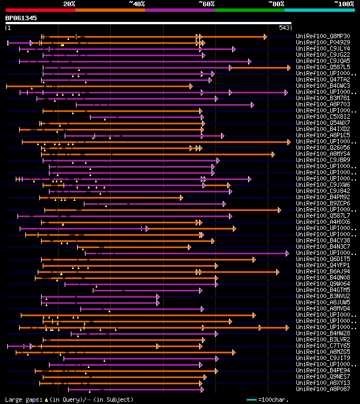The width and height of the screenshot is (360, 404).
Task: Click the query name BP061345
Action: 21,18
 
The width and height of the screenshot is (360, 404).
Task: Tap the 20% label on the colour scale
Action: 69,3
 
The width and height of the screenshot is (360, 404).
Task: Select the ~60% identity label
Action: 206,3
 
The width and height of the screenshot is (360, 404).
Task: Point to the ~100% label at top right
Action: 344,3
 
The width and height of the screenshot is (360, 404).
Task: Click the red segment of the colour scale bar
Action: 40,10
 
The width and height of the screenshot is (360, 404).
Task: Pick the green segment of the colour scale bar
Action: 249,10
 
